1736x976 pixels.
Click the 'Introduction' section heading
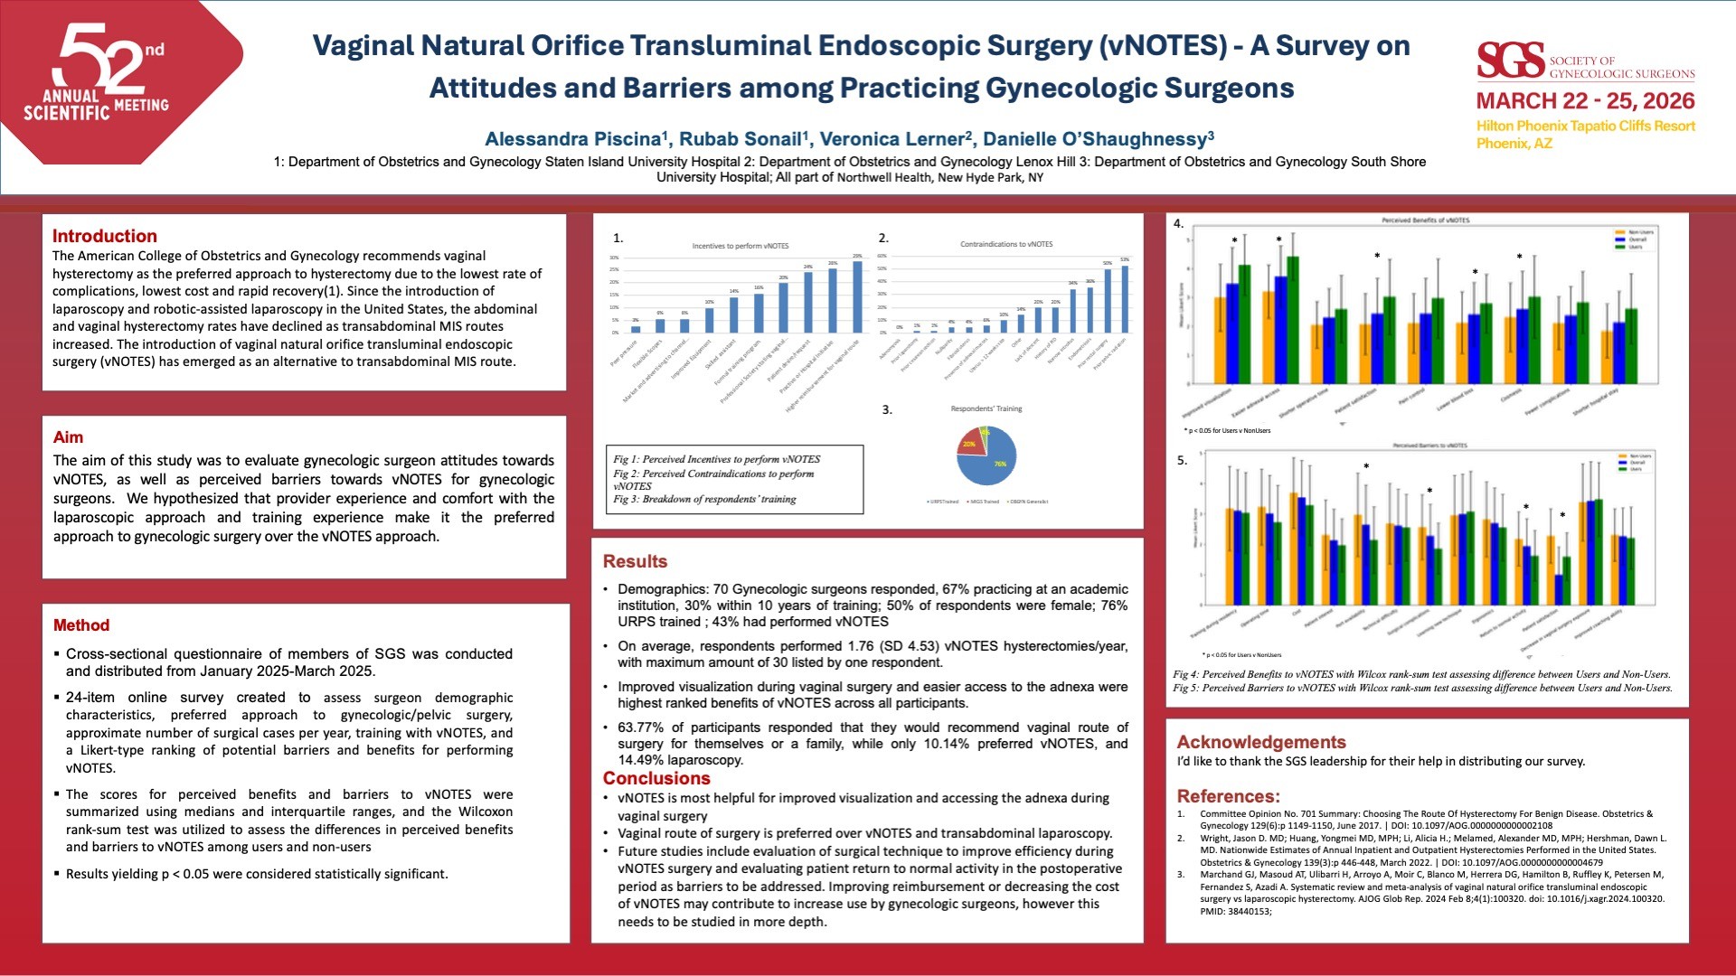[x=105, y=237]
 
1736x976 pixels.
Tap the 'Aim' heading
[x=68, y=437]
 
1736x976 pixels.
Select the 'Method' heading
[x=81, y=625]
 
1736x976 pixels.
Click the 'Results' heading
[x=635, y=561]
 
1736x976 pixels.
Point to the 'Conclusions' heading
[x=656, y=779]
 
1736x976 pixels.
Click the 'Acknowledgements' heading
[x=1261, y=742]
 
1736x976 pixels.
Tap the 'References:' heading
[x=1228, y=796]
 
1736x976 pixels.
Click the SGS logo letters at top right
[x=1510, y=61]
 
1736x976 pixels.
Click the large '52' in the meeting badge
[x=99, y=59]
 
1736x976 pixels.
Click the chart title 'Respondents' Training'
[x=986, y=409]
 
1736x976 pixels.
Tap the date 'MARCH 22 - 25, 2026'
[x=1585, y=101]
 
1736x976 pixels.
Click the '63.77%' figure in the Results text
[x=640, y=727]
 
